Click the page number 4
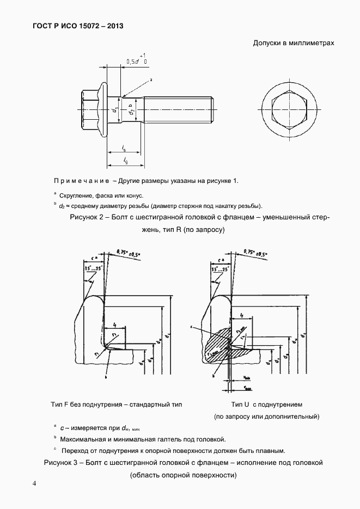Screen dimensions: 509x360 point(34,483)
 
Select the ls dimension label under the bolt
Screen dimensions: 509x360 point(124,148)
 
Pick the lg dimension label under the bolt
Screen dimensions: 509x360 point(126,160)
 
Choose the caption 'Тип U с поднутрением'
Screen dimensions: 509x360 point(266,404)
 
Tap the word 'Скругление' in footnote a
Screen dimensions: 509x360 point(76,195)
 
